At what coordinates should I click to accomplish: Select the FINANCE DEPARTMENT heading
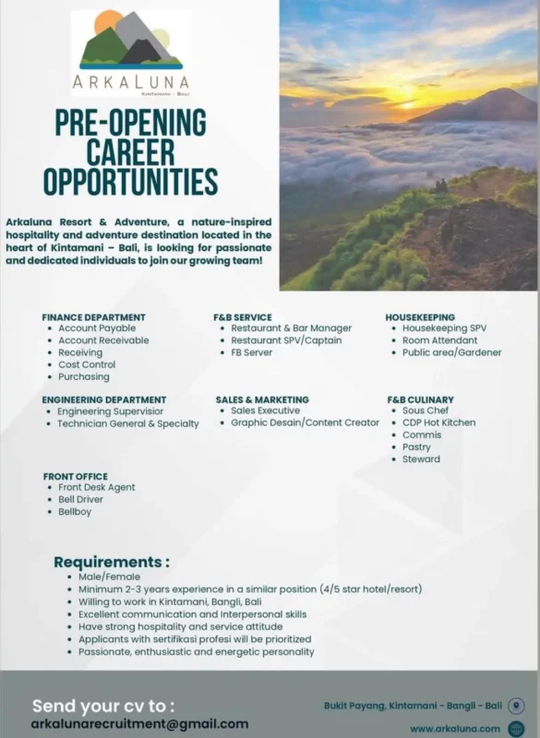(93, 317)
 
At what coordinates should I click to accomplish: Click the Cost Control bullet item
(87, 364)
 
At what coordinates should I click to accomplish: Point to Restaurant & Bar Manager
(291, 328)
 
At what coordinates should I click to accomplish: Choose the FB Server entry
(252, 352)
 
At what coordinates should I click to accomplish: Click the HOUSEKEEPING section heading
(420, 317)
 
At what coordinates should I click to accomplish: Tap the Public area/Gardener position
(452, 352)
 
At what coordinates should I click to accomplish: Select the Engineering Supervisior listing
(111, 411)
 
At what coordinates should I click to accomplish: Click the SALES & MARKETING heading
(262, 399)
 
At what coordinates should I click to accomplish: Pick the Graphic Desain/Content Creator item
(305, 423)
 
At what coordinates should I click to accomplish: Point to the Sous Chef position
(426, 411)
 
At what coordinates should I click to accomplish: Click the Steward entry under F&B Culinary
(421, 459)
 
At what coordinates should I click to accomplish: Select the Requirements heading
(112, 562)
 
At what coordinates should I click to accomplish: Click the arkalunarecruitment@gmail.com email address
(139, 724)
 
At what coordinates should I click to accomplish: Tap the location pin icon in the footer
(516, 707)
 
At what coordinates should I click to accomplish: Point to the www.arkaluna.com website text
(448, 729)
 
